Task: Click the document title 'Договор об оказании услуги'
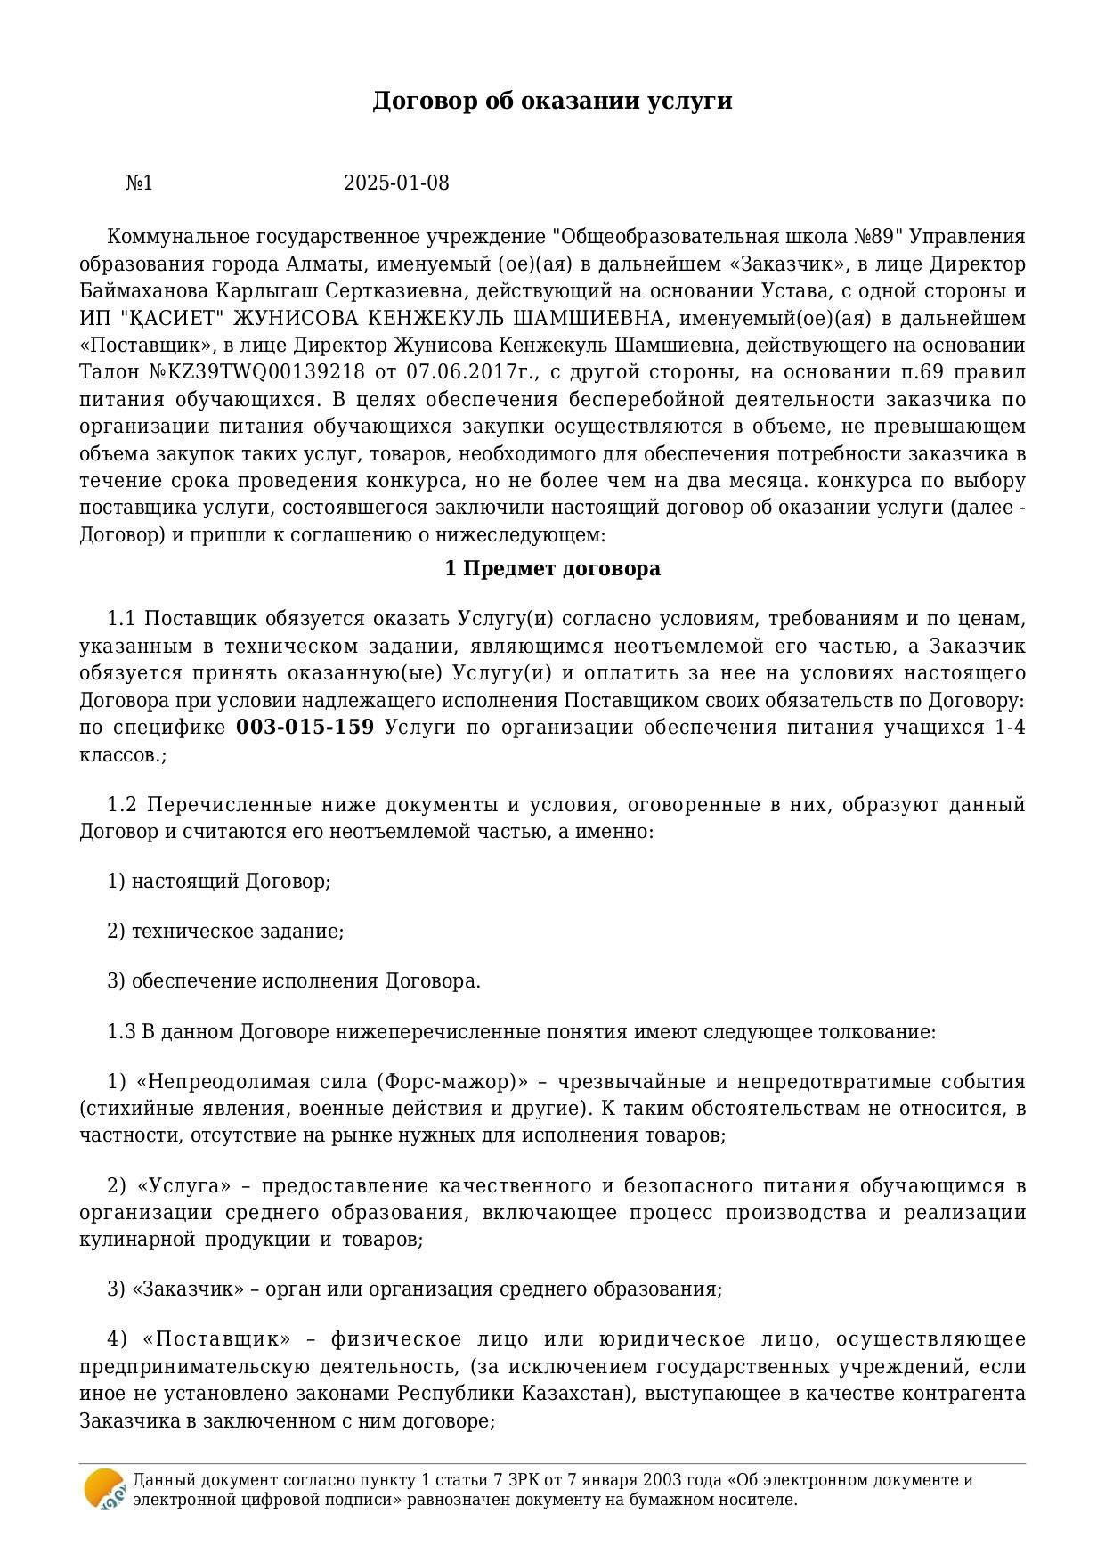tap(552, 101)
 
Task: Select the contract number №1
tap(140, 183)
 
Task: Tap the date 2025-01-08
tap(396, 183)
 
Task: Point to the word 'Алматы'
tap(317, 264)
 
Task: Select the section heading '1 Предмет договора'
tap(552, 569)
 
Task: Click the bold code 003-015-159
tap(305, 728)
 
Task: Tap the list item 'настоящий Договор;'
tap(231, 882)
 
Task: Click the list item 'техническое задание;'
tap(237, 932)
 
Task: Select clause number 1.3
tap(121, 1032)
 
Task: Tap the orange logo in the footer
tap(103, 1489)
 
